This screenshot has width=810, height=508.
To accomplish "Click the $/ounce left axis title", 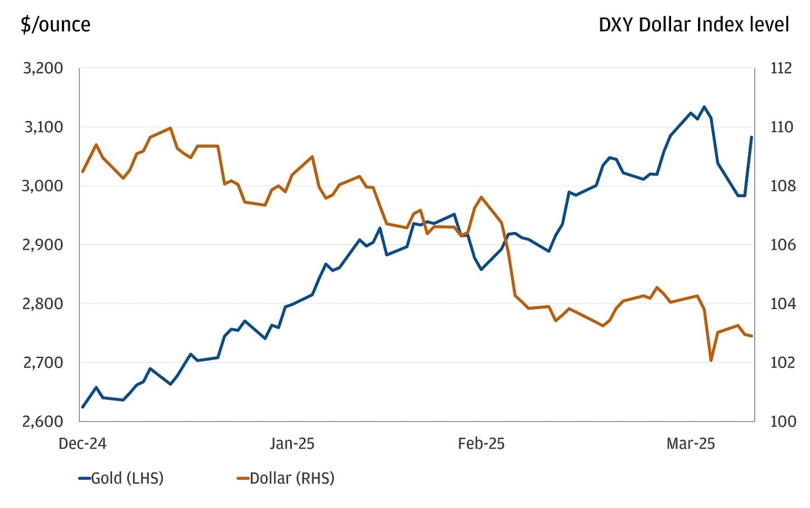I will (x=55, y=25).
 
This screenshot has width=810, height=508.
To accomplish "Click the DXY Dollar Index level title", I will (x=694, y=25).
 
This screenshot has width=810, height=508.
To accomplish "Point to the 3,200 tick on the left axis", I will (x=43, y=68).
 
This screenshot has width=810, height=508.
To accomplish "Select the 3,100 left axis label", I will (x=43, y=127).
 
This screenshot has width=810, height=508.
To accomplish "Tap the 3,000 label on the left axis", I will (x=43, y=186).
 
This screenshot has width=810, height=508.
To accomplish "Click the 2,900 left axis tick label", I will (x=43, y=245).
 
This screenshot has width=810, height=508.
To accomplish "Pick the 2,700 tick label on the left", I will (x=43, y=362).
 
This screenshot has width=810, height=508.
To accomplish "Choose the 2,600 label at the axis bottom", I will (x=43, y=421).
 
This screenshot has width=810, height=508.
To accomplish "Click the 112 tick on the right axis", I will (x=781, y=68).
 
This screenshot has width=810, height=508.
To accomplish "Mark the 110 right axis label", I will (x=781, y=127).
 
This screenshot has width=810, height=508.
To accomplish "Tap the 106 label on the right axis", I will (x=783, y=245).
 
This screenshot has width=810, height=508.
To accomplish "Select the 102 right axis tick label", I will (x=783, y=362).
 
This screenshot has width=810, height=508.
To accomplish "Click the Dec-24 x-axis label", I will (x=82, y=443).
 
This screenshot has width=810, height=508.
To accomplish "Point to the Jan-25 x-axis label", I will (x=291, y=443).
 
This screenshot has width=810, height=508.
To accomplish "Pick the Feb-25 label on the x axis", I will (x=481, y=443).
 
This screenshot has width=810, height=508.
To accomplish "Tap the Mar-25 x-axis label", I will (x=690, y=443).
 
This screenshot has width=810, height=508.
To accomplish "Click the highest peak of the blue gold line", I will (x=704, y=106).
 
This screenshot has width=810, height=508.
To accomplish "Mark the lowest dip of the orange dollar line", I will (x=711, y=360).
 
